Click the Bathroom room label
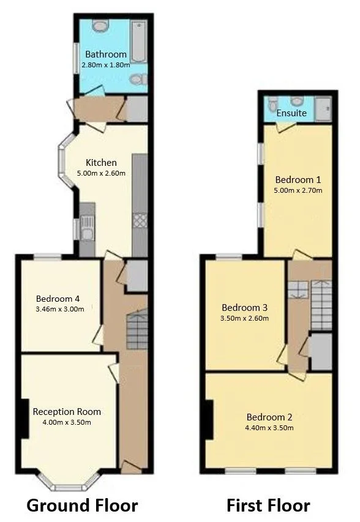pos(106,54)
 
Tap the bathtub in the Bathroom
pos(138,42)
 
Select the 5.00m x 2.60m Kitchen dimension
pos(101,173)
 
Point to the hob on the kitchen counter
pos(140,220)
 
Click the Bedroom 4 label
pos(58,299)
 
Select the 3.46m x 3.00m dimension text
pos(60,309)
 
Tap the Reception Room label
pos(67,412)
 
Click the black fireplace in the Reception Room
pos(24,418)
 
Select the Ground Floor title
pos(82,505)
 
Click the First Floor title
pos(268,505)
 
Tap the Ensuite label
pos(291,113)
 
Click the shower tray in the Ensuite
pos(324,109)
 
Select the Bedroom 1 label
pos(298,180)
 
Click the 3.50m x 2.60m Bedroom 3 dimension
pos(244,318)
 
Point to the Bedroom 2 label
pos(269,417)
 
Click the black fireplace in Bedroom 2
pos(209,420)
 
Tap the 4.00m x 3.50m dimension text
pos(67,422)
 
